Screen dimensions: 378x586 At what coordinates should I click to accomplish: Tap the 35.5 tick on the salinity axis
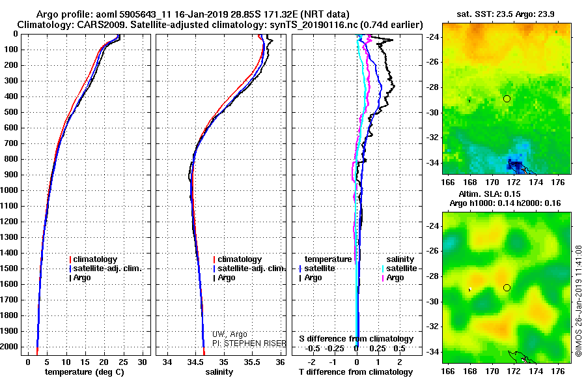tap(252, 362)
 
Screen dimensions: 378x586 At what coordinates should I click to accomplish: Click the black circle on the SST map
tap(507, 98)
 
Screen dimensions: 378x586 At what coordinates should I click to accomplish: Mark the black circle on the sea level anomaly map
tap(507, 287)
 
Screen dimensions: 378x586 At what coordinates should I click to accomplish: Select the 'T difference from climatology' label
tap(356, 372)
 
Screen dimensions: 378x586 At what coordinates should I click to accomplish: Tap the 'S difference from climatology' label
tap(356, 339)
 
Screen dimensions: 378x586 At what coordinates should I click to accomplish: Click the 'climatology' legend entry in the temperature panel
tap(95, 259)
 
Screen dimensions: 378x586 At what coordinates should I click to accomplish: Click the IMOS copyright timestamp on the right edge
tap(578, 301)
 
